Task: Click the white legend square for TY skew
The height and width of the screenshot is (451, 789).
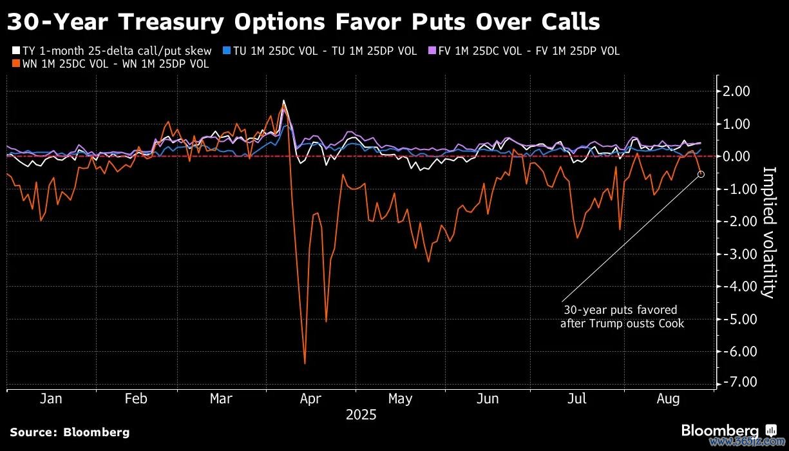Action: (x=15, y=51)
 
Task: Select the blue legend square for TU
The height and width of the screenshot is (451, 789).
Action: (x=226, y=51)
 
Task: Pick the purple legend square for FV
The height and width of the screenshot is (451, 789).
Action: (x=432, y=51)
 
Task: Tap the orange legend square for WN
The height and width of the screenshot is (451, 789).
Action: (x=15, y=64)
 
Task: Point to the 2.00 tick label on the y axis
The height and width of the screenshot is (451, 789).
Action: (x=737, y=91)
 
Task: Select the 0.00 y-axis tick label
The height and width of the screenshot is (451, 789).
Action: (x=737, y=157)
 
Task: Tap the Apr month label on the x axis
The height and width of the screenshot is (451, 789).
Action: (x=310, y=399)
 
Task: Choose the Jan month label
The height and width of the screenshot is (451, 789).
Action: (x=51, y=399)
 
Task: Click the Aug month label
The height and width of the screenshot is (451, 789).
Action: (x=668, y=399)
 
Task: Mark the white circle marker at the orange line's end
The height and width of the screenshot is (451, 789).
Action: (x=701, y=174)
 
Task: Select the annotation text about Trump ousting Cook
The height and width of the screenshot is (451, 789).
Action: (x=622, y=317)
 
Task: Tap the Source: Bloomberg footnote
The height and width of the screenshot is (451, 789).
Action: (x=70, y=432)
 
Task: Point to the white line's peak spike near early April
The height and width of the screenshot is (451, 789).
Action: (x=283, y=101)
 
